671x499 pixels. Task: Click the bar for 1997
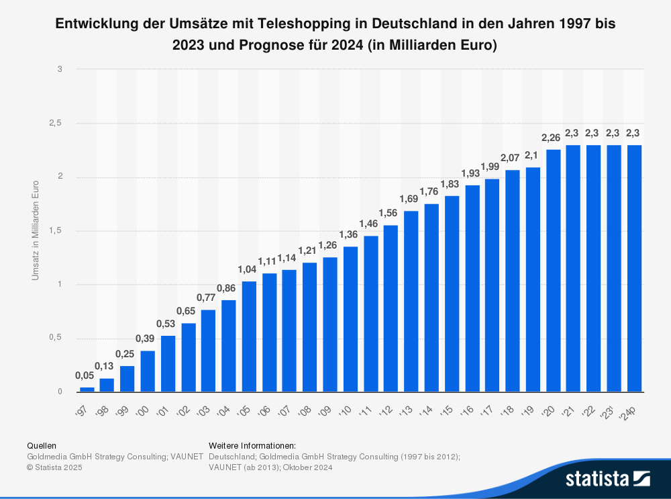(x=87, y=389)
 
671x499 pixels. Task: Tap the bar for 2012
(x=391, y=308)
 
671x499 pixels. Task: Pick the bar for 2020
(x=554, y=270)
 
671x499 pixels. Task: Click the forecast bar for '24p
(x=635, y=269)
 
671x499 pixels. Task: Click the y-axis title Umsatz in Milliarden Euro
(x=36, y=230)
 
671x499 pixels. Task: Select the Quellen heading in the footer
(x=41, y=445)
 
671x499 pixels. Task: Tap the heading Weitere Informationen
(x=252, y=445)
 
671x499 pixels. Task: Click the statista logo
(x=607, y=478)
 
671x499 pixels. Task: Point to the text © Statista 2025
(x=54, y=467)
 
